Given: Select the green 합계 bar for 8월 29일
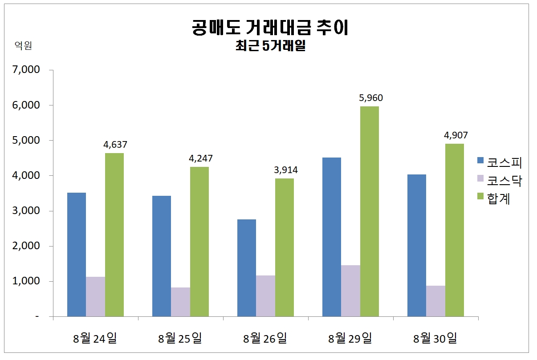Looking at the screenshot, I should pos(370,211).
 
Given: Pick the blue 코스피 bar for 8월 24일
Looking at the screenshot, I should pos(77,255).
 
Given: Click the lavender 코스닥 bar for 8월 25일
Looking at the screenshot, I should pos(180,302).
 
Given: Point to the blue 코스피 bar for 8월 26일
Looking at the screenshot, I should pos(247,268).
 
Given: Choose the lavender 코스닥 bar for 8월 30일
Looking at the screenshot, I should pos(435,301).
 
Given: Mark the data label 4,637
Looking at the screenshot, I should pos(115,144).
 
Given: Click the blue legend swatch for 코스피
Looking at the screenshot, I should pos(480,160).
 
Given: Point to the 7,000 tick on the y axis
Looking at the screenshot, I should pos(28,70).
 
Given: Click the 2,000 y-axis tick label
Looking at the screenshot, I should pos(28,246).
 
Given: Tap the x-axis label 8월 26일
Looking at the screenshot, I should pos(265,338).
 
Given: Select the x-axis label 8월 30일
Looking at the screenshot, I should pos(435,338).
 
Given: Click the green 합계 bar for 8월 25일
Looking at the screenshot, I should pos(199,242).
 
